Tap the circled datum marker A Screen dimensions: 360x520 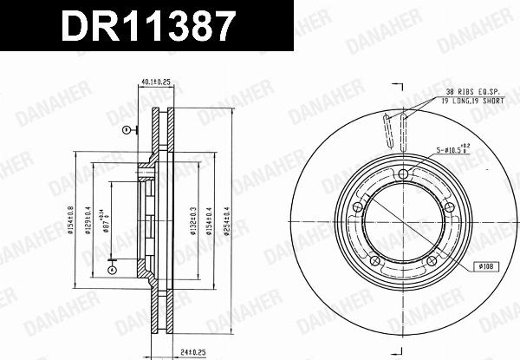pyautogui.click(x=110, y=270)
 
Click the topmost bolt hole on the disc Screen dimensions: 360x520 pyautogui.click(x=402, y=177)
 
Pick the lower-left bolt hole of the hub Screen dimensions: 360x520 pyautogui.click(x=373, y=261)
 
